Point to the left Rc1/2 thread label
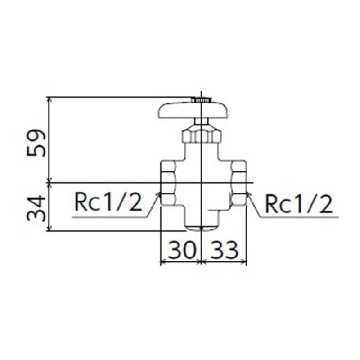click(x=108, y=204)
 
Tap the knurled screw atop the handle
click(x=201, y=99)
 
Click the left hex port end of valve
click(x=168, y=184)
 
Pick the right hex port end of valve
click(x=238, y=184)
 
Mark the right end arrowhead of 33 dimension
click(x=246, y=261)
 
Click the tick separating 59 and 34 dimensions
click(x=48, y=182)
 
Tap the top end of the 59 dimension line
click(x=48, y=97)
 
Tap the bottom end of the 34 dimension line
click(x=48, y=231)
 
